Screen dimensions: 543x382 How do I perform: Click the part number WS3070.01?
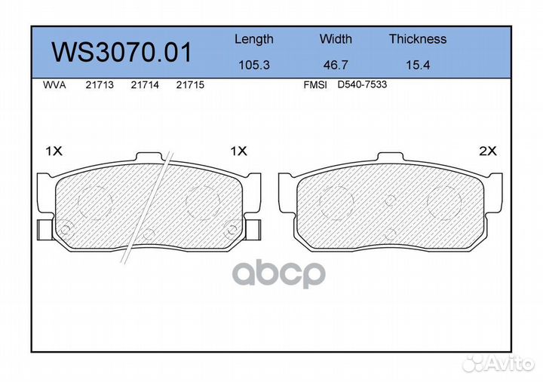pos(121,52)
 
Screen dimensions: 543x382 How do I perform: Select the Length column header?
pos(254,39)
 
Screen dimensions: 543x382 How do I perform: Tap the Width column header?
pos(336,38)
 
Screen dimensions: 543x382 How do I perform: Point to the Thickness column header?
pos(418,38)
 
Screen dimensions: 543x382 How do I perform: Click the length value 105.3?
pos(254,65)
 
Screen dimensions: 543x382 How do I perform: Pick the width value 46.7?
pos(336,65)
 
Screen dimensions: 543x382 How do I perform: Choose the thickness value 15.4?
pos(418,65)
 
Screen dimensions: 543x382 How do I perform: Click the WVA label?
pos(54,85)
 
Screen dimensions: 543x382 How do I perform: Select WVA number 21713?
pos(100,85)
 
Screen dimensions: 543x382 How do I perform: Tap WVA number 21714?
pos(145,85)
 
